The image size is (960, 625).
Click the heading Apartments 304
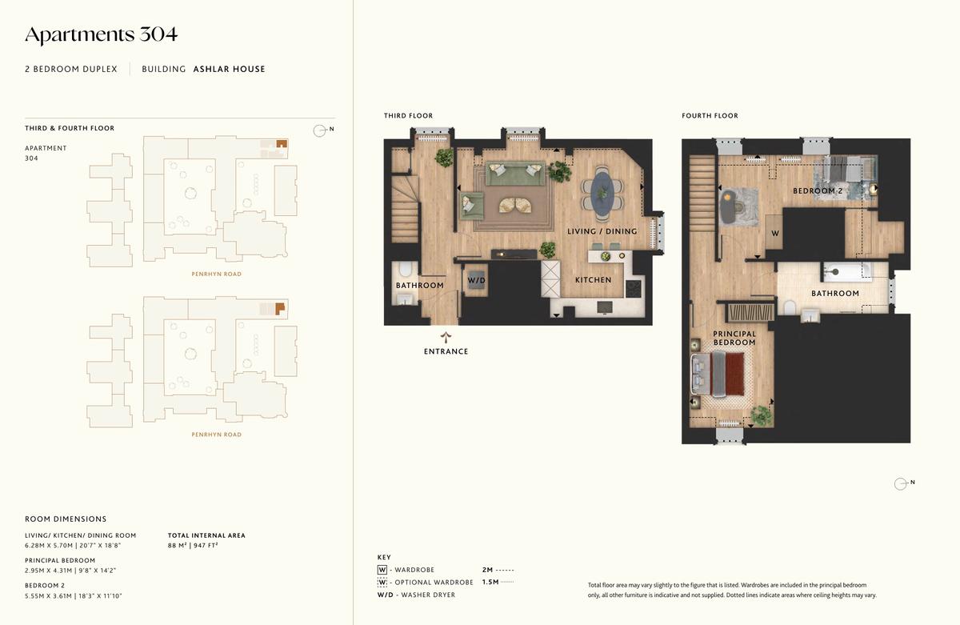point(101,35)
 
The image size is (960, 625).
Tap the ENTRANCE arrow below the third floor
point(446,338)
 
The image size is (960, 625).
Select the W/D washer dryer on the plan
point(476,280)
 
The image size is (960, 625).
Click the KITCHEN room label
point(593,280)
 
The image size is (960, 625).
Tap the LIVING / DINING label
point(602,231)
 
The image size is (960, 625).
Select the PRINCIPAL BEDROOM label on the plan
point(734,338)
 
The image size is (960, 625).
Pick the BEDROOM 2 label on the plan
point(818,190)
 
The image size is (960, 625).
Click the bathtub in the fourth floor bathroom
point(847,272)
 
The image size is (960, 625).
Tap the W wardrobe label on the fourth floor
point(775,234)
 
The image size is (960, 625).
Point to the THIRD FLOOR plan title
point(408,116)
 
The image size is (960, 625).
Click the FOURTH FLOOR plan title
point(710,116)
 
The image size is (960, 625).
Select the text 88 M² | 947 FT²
point(193,545)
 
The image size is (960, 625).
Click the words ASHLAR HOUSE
point(229,69)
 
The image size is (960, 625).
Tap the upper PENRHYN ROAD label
point(217,274)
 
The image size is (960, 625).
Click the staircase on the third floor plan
point(405,209)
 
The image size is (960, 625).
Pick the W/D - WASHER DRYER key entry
point(416,595)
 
